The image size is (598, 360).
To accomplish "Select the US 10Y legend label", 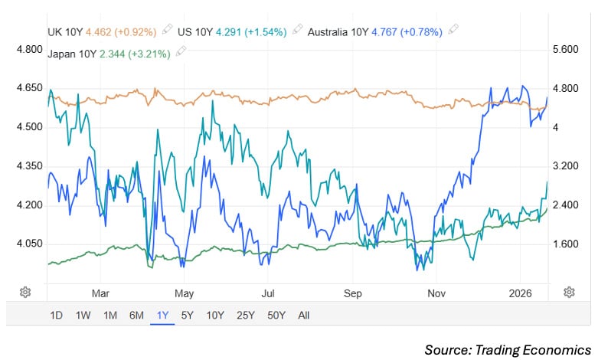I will pyautogui.click(x=195, y=31).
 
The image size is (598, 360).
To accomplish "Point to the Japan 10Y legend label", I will pyautogui.click(x=72, y=53).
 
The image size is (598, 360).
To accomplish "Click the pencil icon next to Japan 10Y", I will pyautogui.click(x=181, y=52).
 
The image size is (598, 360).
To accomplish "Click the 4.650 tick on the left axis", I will pyautogui.click(x=29, y=88).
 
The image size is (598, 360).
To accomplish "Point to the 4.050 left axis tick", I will pyautogui.click(x=29, y=244).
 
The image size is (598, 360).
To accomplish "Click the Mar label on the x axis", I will pyautogui.click(x=100, y=292).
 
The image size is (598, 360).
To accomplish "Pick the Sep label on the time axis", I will pyautogui.click(x=352, y=292).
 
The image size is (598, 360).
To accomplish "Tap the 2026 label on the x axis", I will pyautogui.click(x=520, y=292).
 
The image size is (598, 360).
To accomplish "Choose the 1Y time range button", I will pyautogui.click(x=162, y=315).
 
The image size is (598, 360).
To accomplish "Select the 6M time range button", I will pyautogui.click(x=136, y=315).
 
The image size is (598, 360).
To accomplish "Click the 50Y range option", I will pyautogui.click(x=276, y=315).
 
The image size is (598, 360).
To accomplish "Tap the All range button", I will pyautogui.click(x=304, y=315).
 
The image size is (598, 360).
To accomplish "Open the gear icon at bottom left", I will pyautogui.click(x=25, y=292).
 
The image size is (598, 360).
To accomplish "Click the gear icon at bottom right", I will pyautogui.click(x=569, y=292).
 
